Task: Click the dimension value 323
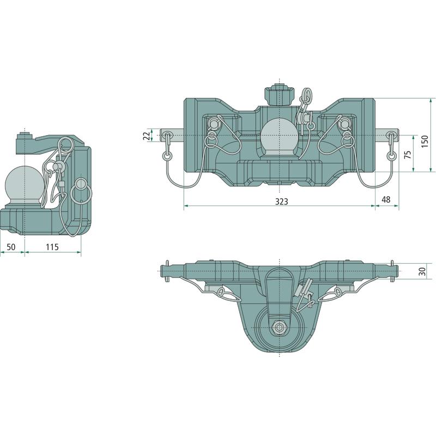[281, 201]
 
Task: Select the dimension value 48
[386, 199]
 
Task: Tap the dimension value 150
[425, 142]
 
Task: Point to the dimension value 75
[408, 155]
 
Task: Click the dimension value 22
[148, 136]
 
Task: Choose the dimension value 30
[422, 271]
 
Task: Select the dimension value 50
[11, 247]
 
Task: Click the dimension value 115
[52, 247]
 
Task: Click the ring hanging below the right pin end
[392, 156]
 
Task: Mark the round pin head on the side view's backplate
[81, 183]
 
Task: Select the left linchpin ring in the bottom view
[222, 292]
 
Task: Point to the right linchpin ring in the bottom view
[337, 292]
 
